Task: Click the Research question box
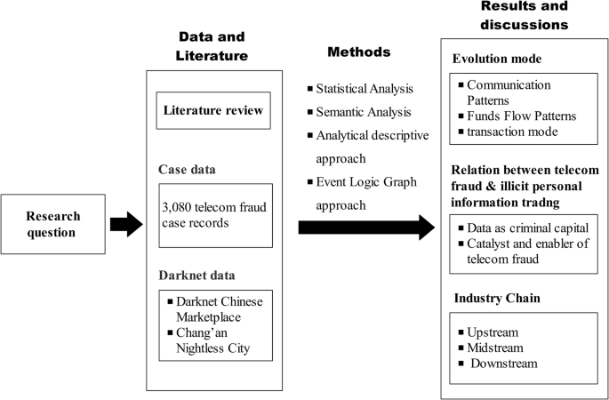coord(52,223)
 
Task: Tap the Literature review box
coord(212,111)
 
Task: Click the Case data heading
coord(189,168)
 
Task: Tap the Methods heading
coord(359,52)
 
